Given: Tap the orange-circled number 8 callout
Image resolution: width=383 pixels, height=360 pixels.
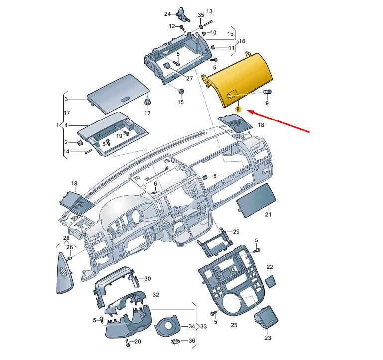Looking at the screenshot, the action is (238, 109).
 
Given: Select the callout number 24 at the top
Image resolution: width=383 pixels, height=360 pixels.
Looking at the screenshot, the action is (167, 14).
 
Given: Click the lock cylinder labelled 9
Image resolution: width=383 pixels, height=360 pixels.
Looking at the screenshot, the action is (268, 92).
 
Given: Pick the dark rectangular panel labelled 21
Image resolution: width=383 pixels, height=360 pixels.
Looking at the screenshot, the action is (256, 200).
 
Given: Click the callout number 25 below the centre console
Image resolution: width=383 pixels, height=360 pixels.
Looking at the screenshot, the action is (234, 325).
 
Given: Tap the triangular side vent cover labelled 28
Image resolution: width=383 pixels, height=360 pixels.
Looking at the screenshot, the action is (64, 273).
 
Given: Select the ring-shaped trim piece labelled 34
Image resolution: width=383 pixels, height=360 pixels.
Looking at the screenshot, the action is (168, 327).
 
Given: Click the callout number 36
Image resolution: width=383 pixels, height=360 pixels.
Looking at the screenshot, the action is (192, 340).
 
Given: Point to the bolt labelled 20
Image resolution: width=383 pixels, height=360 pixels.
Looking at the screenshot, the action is (128, 343).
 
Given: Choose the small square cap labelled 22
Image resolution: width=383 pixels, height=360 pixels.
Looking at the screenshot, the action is (270, 282).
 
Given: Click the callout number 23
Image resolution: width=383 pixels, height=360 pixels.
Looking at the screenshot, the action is (268, 338).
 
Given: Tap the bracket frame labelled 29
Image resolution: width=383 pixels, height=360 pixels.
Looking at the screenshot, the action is (214, 243).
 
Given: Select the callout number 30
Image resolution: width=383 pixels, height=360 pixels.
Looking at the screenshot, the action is (148, 279).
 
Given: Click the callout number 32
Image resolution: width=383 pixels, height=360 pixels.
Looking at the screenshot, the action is (156, 295).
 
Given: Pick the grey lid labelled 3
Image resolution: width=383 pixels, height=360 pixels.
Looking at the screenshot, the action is (119, 94).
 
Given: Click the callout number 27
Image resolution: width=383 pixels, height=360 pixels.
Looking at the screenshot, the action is (190, 78).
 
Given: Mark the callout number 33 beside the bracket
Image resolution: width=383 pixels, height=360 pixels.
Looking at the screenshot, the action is (204, 326).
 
